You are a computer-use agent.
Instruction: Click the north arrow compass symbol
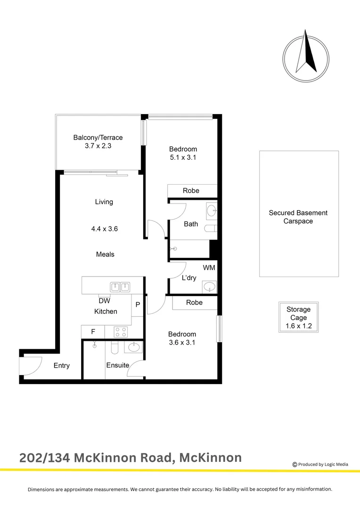pos(306,56)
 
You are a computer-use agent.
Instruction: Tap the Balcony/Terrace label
pos(98,138)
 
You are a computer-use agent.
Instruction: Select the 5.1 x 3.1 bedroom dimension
pos(183,158)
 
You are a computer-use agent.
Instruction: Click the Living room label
pos(104,202)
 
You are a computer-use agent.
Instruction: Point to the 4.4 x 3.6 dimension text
pos(104,229)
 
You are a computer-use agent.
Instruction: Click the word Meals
pos(105,254)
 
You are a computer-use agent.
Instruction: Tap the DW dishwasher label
pos(105,301)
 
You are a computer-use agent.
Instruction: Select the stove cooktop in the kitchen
pos(121,332)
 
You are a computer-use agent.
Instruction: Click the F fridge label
pos(93,332)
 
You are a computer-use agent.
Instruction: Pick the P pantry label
pos(138,305)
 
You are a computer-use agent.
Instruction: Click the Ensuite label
pos(117,365)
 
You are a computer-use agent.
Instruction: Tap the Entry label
pos(62,366)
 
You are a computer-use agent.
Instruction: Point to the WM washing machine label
pos(209,268)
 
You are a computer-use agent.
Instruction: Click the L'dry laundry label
pos(189,278)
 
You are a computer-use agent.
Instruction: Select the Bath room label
pos(191,224)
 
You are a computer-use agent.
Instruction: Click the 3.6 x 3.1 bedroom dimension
pos(182,343)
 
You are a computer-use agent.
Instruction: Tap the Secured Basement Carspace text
pos(298,217)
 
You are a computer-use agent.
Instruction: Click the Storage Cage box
pos(298,317)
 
